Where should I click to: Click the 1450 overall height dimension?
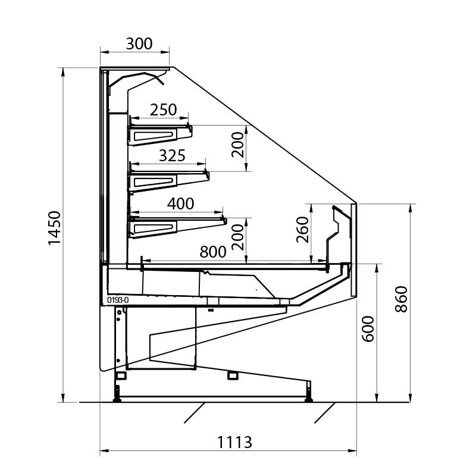tap(55, 228)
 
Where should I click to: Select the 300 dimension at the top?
tap(139, 43)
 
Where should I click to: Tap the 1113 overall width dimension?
tap(234, 442)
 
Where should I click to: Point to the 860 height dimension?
tap(401, 299)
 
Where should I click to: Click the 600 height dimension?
tap(368, 329)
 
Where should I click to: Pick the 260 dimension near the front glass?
tap(303, 230)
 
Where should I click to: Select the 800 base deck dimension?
tap(213, 252)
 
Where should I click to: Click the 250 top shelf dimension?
tap(163, 110)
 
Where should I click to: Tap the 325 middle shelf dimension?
tap(172, 156)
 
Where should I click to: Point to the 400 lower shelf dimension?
tap(181, 203)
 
